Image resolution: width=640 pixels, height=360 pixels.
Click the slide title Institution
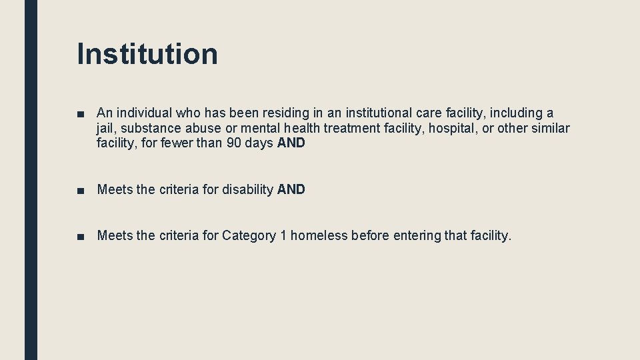coord(147,54)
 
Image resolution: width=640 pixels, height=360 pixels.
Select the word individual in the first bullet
coord(144,113)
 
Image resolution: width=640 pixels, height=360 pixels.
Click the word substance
coord(150,128)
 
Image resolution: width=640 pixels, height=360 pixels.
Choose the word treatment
coord(351,128)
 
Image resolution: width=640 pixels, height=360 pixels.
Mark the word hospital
coord(451,128)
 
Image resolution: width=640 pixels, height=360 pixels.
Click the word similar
coord(550,128)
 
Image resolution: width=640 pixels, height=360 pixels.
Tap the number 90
coord(234,143)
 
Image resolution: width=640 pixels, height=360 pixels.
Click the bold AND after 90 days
coord(291,143)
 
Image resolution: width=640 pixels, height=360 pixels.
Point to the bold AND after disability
coord(291,189)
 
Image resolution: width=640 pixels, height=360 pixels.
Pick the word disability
coord(247,189)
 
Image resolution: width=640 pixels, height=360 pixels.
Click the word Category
coord(249,235)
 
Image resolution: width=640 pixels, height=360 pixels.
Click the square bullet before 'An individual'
coord(80,114)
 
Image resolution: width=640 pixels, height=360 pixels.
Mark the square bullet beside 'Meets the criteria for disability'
coord(80,190)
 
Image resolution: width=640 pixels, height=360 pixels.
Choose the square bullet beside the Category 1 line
coord(80,236)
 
